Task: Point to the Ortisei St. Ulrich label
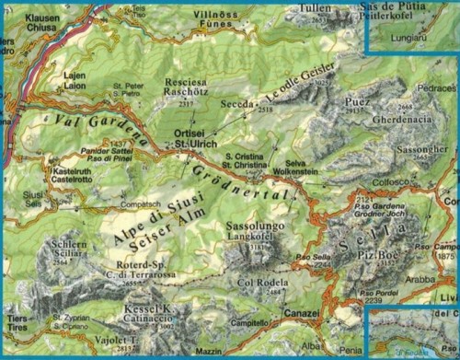point(194,139)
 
